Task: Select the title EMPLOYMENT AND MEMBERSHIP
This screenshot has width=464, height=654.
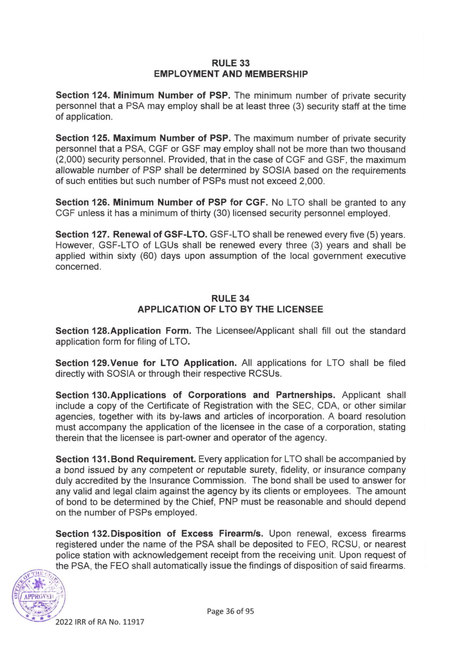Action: pos(231,74)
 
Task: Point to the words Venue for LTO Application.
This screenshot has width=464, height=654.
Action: pos(173,363)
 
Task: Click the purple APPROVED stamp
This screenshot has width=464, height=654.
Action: pos(39,597)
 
